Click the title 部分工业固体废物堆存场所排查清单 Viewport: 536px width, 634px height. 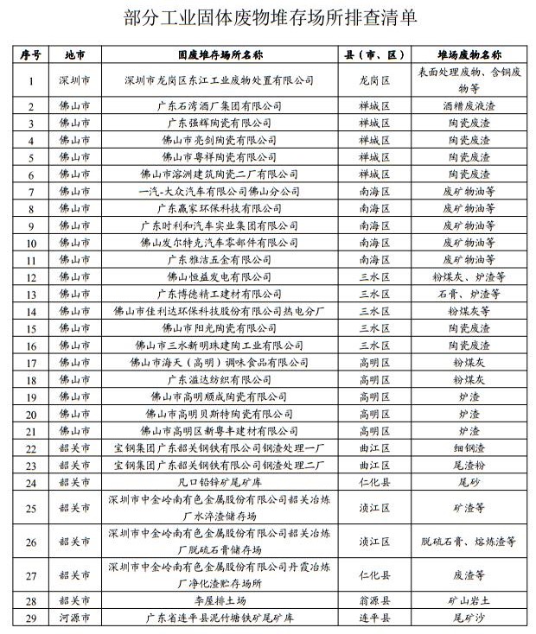[x=269, y=16]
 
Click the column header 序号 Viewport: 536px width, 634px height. [x=31, y=54]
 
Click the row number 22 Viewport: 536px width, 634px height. [x=31, y=448]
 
